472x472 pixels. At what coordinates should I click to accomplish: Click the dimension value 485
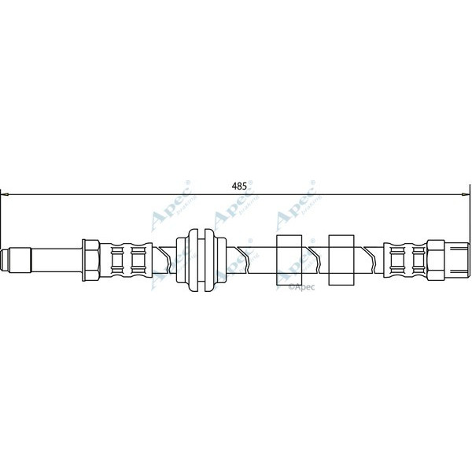(x=240, y=186)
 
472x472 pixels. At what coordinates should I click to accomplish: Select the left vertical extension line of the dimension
(x=2, y=220)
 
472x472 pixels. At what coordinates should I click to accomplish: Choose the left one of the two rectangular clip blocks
(x=289, y=259)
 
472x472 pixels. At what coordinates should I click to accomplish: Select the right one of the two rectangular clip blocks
(x=341, y=259)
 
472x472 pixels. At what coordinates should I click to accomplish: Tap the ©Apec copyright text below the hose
(x=302, y=288)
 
